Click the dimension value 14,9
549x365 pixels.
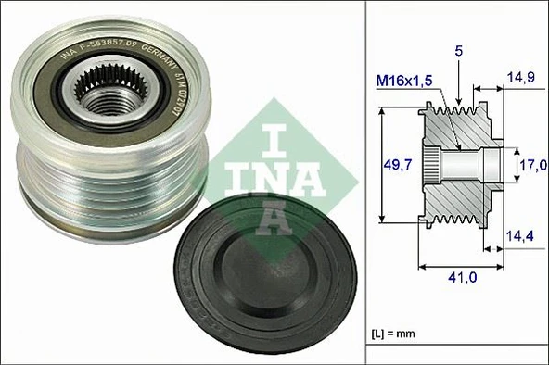point(519,79)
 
